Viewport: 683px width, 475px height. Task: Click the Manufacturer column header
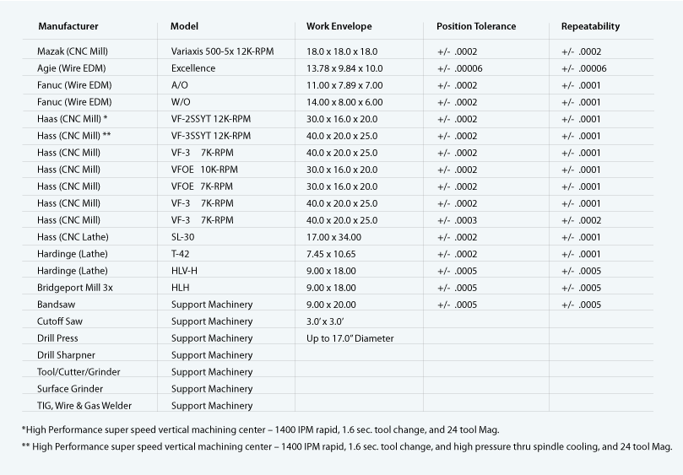pos(68,26)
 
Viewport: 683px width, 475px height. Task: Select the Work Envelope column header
pos(339,26)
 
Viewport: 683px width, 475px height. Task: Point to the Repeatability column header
pos(590,26)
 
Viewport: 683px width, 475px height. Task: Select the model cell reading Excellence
pos(192,68)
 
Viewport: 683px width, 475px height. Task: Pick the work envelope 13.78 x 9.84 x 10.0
pos(344,68)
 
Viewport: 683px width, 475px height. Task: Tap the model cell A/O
pos(179,85)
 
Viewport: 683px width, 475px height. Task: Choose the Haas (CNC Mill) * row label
pos(73,119)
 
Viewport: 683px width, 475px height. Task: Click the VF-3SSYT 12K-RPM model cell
pos(210,136)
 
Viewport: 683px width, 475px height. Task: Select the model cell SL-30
pos(182,237)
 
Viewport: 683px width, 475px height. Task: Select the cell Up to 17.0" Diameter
pos(350,338)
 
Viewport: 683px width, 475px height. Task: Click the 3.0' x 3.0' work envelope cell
pos(324,321)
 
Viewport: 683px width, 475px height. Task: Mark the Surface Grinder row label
pos(70,389)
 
